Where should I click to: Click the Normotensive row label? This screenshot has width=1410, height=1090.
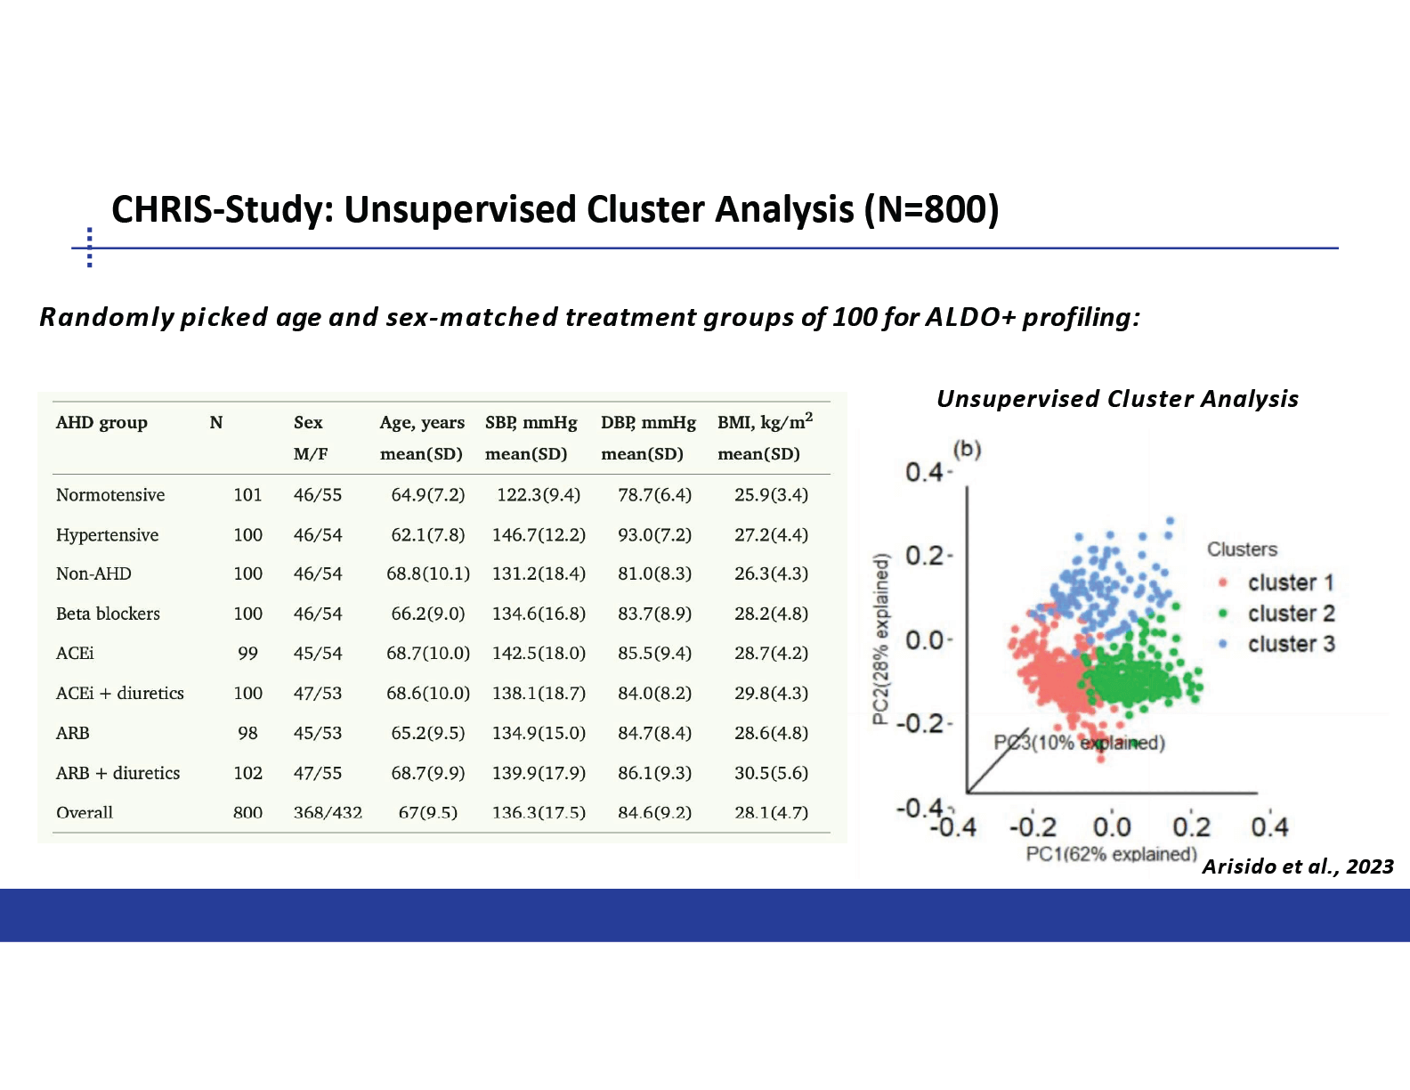coord(110,495)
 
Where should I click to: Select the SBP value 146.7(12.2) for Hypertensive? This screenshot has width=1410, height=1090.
coord(539,535)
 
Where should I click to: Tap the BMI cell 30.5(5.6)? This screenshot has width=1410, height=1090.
coord(771,773)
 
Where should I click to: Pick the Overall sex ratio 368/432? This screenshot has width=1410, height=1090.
coord(328,812)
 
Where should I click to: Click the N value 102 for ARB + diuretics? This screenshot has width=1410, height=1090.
coord(247,773)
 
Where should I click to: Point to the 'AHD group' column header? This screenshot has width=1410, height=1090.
coord(101,423)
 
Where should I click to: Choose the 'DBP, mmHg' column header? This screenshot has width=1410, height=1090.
coord(648,423)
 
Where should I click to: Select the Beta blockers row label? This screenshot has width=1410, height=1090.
coord(108,614)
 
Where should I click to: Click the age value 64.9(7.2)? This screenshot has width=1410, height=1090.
coord(427,495)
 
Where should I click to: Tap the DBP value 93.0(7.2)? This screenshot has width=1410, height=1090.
coord(655,535)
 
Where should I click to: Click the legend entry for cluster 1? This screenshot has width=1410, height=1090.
coord(1277,582)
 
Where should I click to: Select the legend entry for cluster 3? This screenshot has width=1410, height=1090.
coord(1277,644)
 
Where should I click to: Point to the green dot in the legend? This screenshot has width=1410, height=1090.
coord(1223,614)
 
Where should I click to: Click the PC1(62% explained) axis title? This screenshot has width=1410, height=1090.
coord(1111,854)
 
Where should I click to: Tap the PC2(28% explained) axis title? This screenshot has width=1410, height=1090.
coord(879,639)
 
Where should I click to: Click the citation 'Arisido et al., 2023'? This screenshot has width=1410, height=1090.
coord(1298,866)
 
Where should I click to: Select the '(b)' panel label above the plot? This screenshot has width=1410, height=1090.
coord(967,449)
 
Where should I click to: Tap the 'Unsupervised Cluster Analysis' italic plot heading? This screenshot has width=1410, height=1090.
coord(1117,399)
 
